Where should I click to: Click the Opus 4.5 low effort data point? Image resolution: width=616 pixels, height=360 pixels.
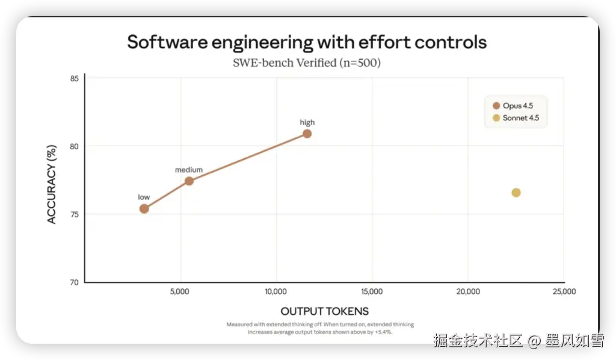[x=144, y=209]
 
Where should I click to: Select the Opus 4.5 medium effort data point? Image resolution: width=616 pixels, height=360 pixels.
[x=189, y=181]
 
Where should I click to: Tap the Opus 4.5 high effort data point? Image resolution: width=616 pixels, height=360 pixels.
[x=307, y=134]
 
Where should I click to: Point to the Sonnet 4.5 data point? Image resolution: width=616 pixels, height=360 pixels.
[x=516, y=193]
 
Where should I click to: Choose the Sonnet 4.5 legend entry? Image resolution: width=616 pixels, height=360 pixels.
[x=517, y=118]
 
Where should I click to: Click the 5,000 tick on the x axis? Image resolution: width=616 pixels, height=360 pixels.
[x=180, y=292]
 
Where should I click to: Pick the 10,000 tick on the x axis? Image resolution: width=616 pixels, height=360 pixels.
[x=276, y=292]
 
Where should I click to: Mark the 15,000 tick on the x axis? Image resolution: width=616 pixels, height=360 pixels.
[x=372, y=292]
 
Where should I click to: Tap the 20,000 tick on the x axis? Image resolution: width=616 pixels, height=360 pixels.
[x=468, y=292]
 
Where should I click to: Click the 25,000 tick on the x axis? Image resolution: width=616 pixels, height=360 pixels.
[x=564, y=292]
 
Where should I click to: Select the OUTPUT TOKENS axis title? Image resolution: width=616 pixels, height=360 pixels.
[x=324, y=311]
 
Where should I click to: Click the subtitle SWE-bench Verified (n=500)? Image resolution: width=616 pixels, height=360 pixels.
[x=307, y=63]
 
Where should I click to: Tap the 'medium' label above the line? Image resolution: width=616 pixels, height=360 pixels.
[x=189, y=170]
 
